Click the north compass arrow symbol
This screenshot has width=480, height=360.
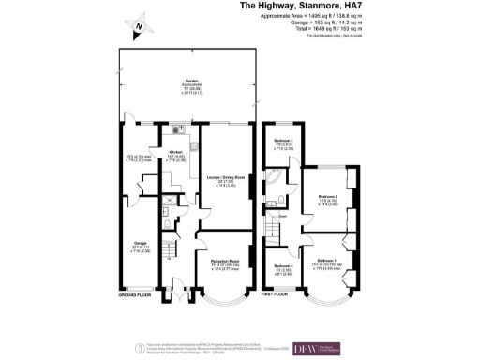(140, 26)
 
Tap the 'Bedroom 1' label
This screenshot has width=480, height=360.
(327, 259)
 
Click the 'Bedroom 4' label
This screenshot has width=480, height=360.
(283, 266)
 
